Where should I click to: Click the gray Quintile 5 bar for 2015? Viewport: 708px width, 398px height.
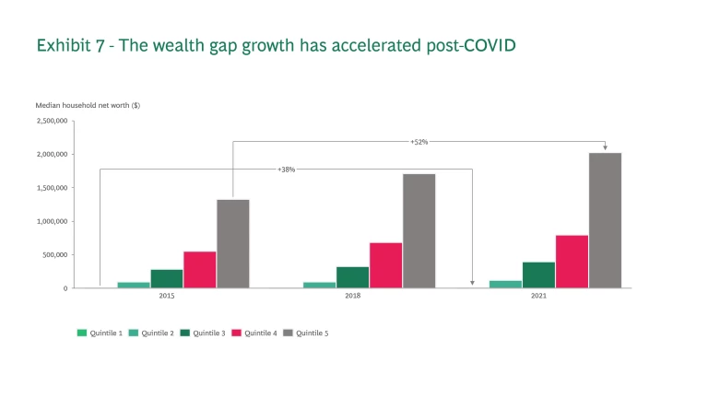232,243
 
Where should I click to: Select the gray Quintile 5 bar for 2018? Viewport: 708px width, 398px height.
419,230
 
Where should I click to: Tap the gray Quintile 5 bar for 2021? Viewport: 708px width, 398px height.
605,220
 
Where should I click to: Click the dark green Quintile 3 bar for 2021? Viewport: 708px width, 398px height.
538,275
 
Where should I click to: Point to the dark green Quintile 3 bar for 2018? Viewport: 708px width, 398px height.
352,277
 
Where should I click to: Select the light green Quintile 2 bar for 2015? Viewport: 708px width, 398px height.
133,285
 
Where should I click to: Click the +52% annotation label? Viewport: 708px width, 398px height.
419,142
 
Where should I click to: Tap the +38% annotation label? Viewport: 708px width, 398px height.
286,170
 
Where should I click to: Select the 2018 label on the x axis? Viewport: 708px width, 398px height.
353,297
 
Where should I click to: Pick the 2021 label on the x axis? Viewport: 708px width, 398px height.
538,297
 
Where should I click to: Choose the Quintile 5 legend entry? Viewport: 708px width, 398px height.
309,333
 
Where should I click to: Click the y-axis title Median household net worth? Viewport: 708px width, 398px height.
88,105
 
